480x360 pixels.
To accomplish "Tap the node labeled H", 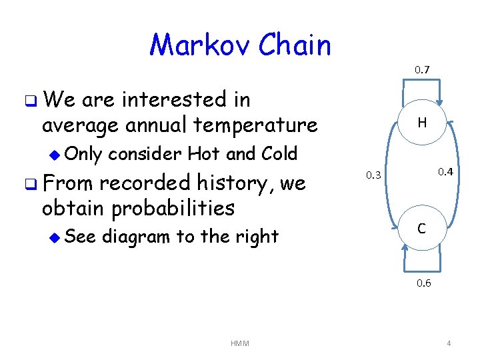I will point(422,122).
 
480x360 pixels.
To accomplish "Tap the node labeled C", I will point(422,229).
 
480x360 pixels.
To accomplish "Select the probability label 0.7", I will point(422,69).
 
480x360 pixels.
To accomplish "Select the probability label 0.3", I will point(375,175).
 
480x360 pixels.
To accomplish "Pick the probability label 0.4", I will point(445,173).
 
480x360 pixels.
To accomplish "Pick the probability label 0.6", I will point(424,283).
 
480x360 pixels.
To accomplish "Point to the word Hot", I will point(205,153).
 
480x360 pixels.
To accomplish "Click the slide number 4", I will point(449,343).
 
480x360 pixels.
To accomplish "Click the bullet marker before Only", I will point(55,154).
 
